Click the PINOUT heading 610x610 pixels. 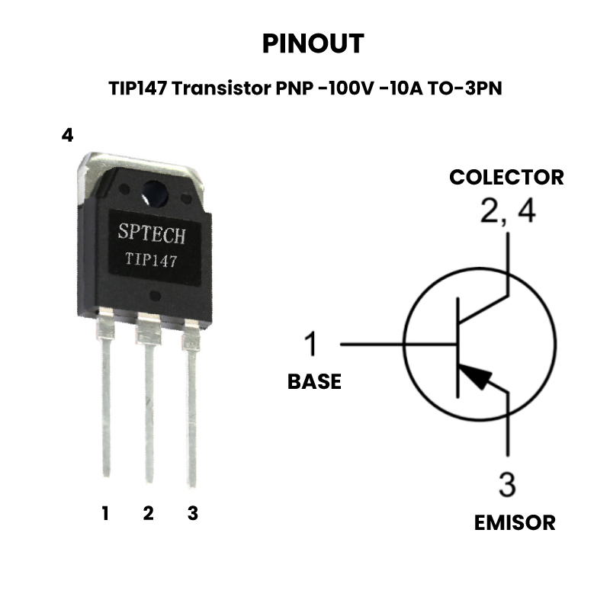click(313, 43)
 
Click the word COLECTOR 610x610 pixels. click(506, 177)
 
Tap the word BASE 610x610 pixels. click(314, 381)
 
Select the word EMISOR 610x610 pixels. click(515, 522)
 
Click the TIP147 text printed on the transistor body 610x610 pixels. click(152, 260)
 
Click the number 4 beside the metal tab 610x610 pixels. click(68, 136)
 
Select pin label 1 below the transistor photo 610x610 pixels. click(105, 513)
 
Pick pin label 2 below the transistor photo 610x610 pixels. click(148, 513)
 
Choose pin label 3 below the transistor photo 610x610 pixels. click(192, 513)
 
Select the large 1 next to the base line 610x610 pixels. click(310, 344)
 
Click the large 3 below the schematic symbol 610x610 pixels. click(507, 484)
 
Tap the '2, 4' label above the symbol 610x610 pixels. click(507, 211)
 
